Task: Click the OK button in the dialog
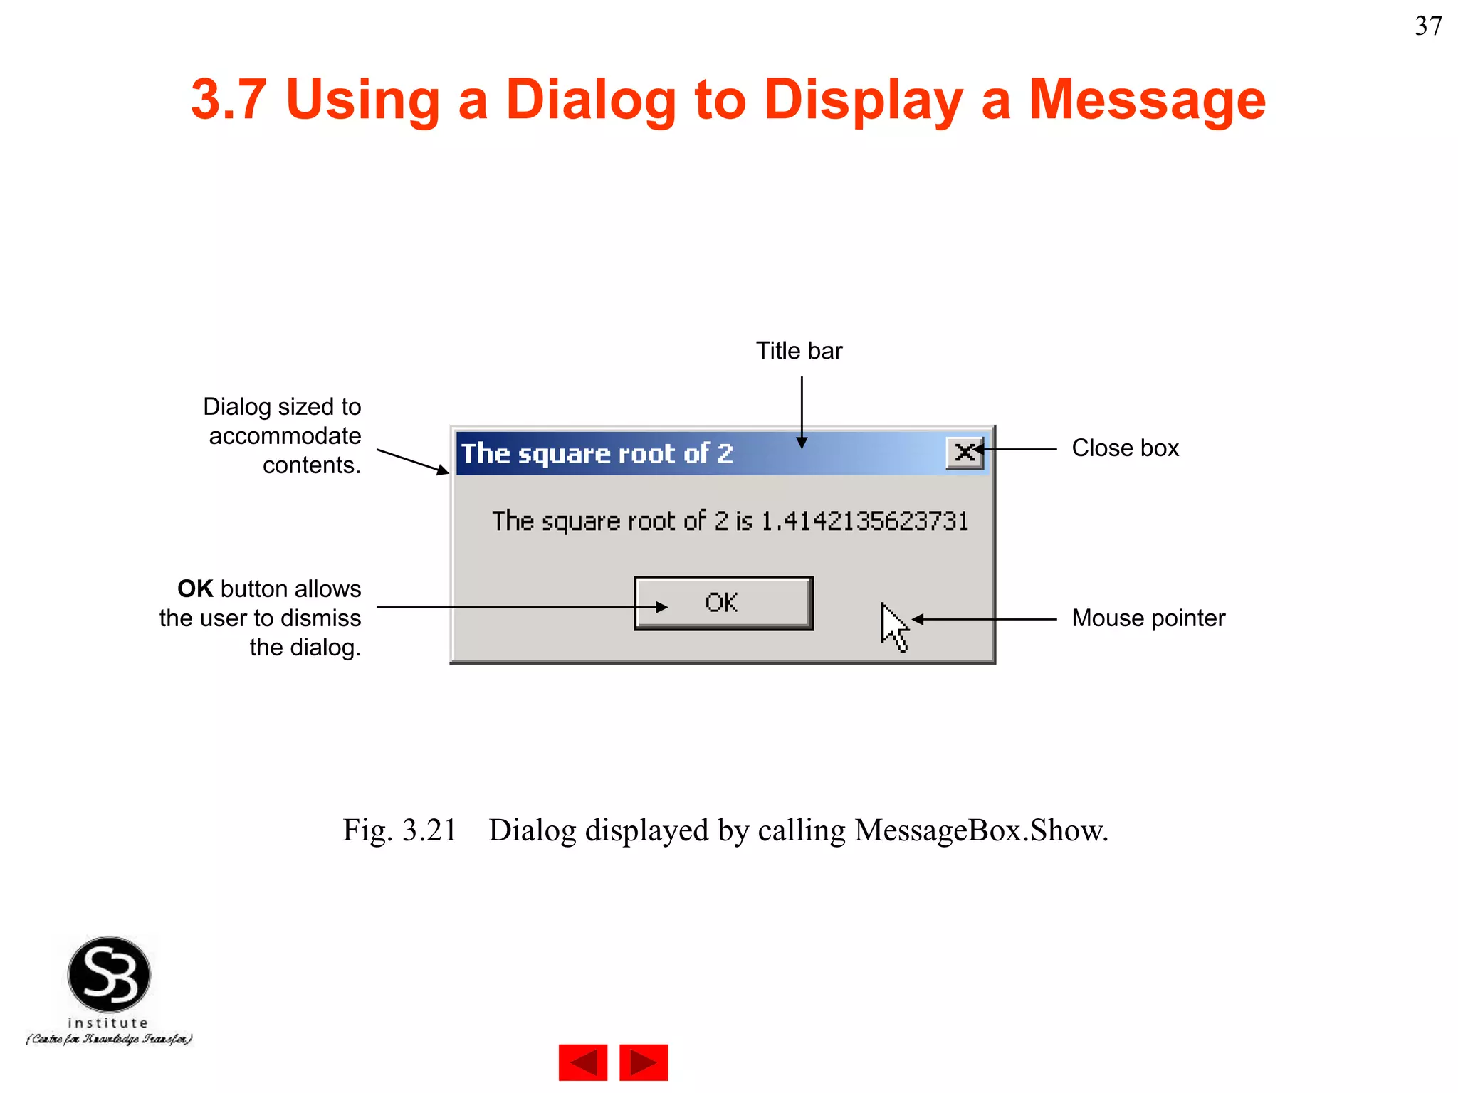coord(723,603)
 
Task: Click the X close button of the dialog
coord(965,453)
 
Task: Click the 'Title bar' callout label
coord(799,351)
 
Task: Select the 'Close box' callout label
coord(1125,448)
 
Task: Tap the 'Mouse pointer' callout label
coord(1148,618)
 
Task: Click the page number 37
coord(1428,26)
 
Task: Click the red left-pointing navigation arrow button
coord(583,1062)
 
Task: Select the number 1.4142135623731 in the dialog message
coord(864,522)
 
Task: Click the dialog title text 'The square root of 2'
coord(597,454)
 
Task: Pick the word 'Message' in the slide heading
coord(1147,100)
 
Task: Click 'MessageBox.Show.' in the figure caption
coord(981,830)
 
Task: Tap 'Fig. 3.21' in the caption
coord(399,830)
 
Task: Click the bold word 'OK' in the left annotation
coord(195,589)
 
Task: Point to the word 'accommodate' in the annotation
coord(285,435)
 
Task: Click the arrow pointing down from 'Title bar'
coord(802,413)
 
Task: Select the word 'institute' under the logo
coord(108,1023)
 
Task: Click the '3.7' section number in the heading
coord(229,100)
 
